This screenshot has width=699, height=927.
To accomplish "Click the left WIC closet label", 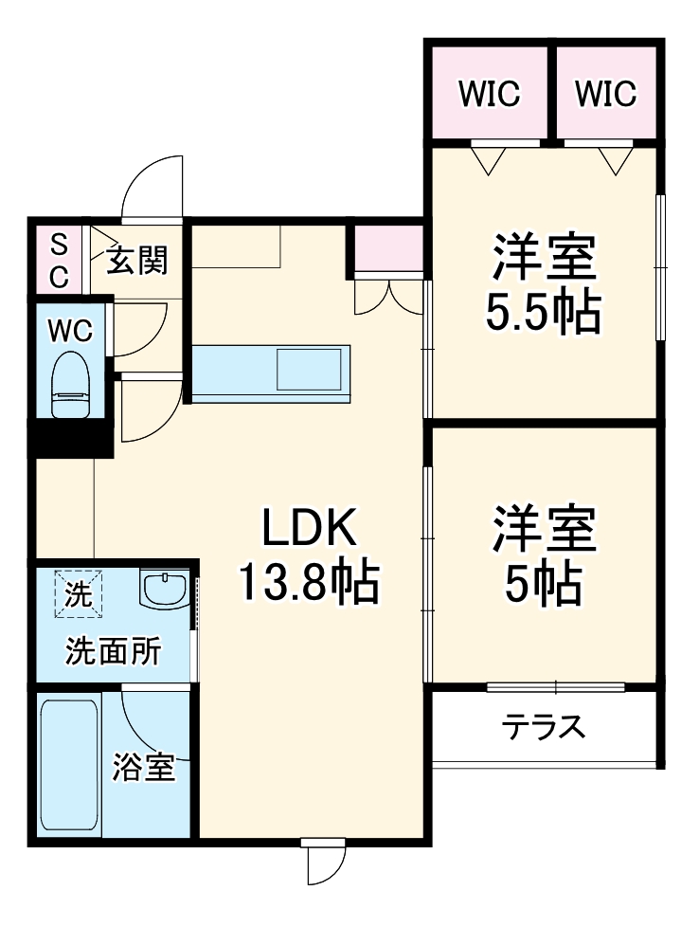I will [x=489, y=94].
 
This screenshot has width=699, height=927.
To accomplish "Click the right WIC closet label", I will [x=605, y=94].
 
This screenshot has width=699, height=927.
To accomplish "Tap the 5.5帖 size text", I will [x=544, y=314].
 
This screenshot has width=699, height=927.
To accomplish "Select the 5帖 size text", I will [x=544, y=586].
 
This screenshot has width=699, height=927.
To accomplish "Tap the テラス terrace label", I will [x=544, y=728].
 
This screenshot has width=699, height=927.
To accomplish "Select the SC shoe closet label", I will [x=59, y=262].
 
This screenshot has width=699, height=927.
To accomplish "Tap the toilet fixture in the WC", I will [x=69, y=385].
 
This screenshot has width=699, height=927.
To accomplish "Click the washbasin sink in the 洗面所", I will [x=166, y=590].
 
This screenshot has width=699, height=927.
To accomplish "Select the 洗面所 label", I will [x=112, y=653].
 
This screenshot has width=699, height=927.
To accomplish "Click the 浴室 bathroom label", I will [x=144, y=767].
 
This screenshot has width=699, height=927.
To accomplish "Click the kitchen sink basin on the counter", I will [x=309, y=370].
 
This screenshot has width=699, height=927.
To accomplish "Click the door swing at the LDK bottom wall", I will [x=325, y=863].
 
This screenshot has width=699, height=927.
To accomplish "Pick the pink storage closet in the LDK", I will [x=387, y=247].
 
